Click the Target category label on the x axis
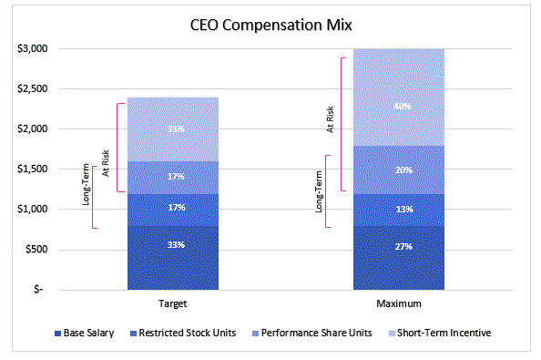(x=172, y=303)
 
